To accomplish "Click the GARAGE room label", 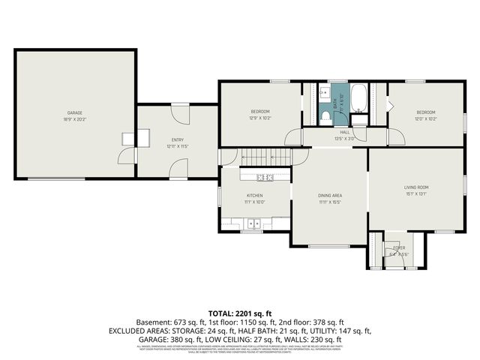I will tap(75, 113).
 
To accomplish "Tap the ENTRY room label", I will tap(178, 139).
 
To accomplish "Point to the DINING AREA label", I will tap(330, 195).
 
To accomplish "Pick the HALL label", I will tap(345, 132).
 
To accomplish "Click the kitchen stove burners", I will tap(264, 178).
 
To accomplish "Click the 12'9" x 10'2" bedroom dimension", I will tap(260, 118).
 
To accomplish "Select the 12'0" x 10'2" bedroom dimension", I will tap(425, 118).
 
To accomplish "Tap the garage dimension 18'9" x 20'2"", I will tap(75, 118).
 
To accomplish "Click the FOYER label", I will tap(399, 247).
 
